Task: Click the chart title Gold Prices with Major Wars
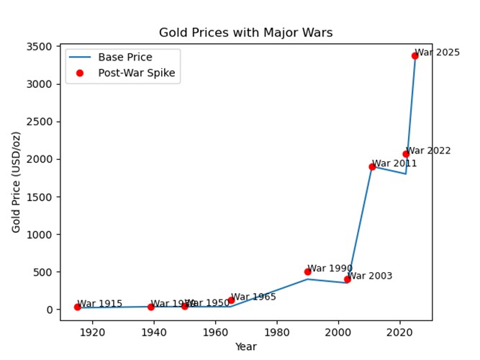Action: click(245, 32)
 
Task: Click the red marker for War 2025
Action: click(415, 55)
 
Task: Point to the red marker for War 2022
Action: click(406, 154)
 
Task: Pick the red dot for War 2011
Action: click(372, 166)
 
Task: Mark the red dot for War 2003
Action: click(348, 279)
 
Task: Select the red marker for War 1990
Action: click(307, 271)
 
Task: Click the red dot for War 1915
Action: click(77, 307)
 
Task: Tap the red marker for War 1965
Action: click(231, 300)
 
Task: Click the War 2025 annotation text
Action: click(438, 53)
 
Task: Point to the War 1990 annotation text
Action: click(330, 269)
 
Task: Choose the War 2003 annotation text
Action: click(370, 276)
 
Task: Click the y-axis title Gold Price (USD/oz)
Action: click(16, 182)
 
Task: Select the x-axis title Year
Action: click(245, 346)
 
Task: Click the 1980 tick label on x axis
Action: click(276, 332)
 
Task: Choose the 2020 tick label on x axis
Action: click(399, 332)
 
